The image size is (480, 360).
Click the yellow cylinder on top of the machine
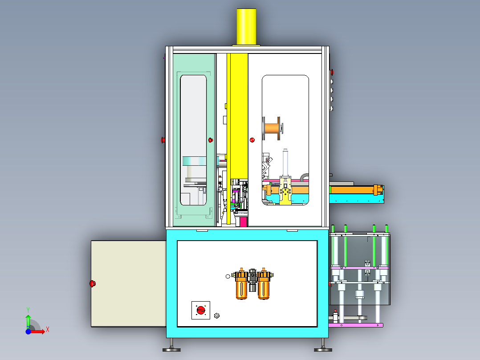point(246,27)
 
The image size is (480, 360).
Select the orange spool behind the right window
point(272,128)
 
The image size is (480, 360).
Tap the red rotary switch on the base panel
point(201,310)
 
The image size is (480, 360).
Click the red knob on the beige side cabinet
point(93,283)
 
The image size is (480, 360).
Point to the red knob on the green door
point(211,140)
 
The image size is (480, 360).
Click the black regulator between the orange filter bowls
point(252,280)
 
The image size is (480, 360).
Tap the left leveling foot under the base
point(171,346)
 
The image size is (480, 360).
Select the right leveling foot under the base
point(323,346)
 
